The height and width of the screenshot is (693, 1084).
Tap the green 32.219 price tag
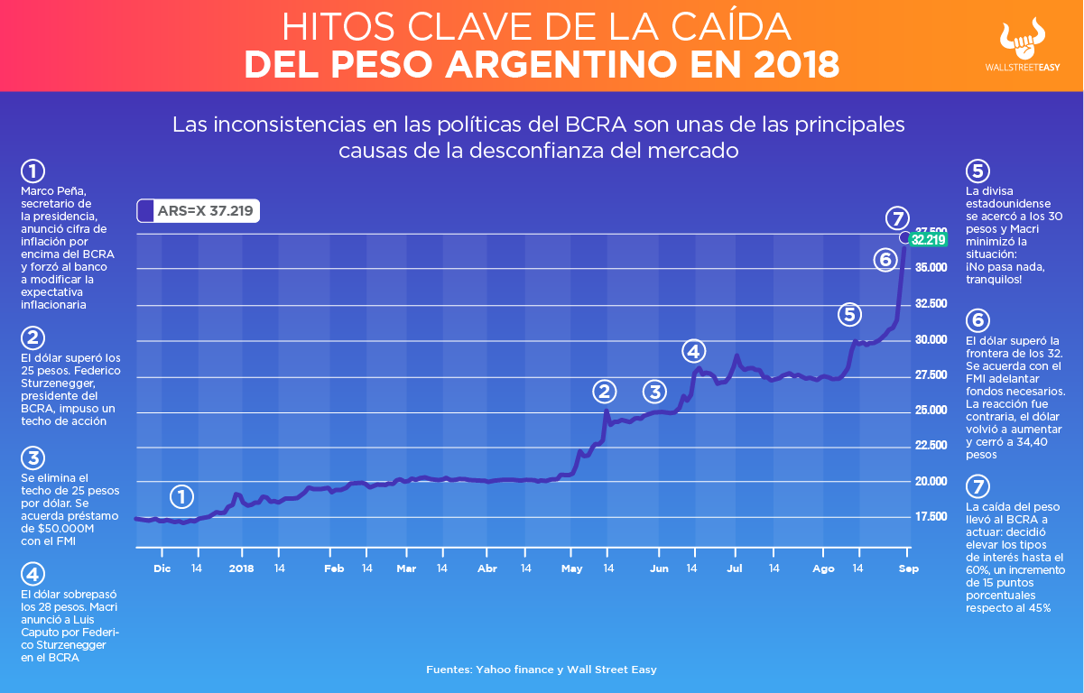click(928, 240)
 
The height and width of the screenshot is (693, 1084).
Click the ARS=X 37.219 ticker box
click(199, 211)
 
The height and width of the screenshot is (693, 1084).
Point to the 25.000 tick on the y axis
click(932, 411)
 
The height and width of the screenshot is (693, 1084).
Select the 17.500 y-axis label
click(932, 517)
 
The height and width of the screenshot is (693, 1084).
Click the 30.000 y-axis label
click(932, 340)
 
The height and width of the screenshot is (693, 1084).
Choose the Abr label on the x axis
click(487, 569)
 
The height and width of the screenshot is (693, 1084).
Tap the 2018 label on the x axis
click(241, 569)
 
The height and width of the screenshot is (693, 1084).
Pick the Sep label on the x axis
click(908, 569)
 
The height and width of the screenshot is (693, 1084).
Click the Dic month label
click(162, 569)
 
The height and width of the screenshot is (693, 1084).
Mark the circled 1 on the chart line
click(181, 496)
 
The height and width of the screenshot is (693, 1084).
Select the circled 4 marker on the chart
click(692, 351)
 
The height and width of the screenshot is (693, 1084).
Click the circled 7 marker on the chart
click(895, 217)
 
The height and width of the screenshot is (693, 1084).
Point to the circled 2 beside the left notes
click(32, 338)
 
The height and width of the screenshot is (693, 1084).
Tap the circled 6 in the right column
click(977, 320)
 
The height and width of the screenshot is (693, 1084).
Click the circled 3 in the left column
click(32, 458)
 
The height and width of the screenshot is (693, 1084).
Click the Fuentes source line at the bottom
click(542, 670)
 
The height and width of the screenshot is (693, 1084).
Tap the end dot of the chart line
click(905, 237)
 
